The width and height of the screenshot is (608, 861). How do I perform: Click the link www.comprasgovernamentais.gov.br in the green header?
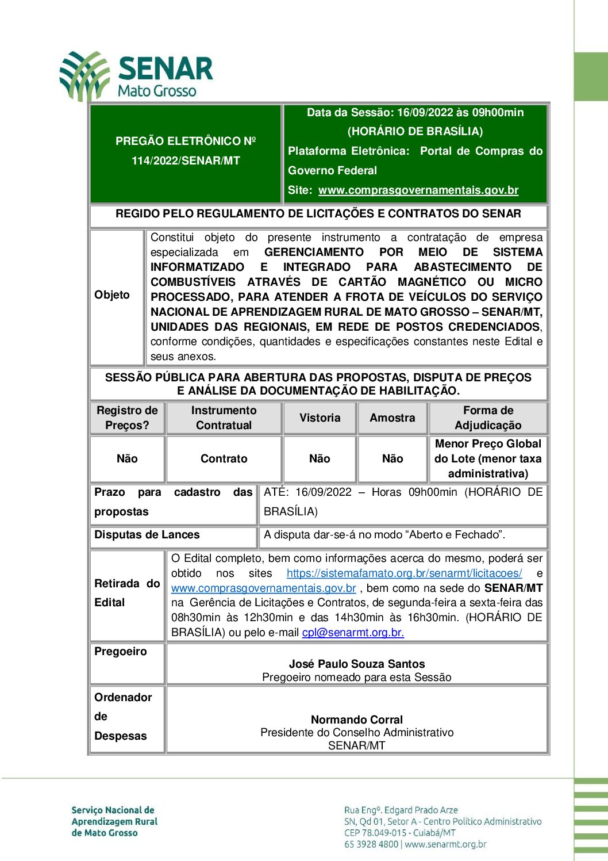pos(418,190)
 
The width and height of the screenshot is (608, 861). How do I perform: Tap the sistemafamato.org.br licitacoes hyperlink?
pos(404,573)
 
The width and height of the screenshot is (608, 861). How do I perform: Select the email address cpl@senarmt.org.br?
pos(353,633)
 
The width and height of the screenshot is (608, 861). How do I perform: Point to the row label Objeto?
pos(112,295)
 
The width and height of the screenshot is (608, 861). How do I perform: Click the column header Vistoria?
pos(320,418)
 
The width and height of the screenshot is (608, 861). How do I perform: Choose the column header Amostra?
pos(392,418)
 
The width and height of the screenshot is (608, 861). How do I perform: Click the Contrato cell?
pos(224,459)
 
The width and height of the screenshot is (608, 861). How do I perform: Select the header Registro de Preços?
pos(127,418)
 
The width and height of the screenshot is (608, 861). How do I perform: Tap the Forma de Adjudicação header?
pos(488,418)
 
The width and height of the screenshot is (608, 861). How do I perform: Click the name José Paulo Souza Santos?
pos(356,664)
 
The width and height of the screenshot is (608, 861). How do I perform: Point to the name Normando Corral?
pos(356,720)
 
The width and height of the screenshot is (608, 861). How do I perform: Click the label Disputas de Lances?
pos(147,535)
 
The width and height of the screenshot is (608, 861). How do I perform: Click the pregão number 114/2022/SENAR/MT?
pos(186,161)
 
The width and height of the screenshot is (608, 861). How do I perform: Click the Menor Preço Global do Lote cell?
pos(488,459)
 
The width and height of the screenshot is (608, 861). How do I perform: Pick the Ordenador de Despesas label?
pos(122,717)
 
